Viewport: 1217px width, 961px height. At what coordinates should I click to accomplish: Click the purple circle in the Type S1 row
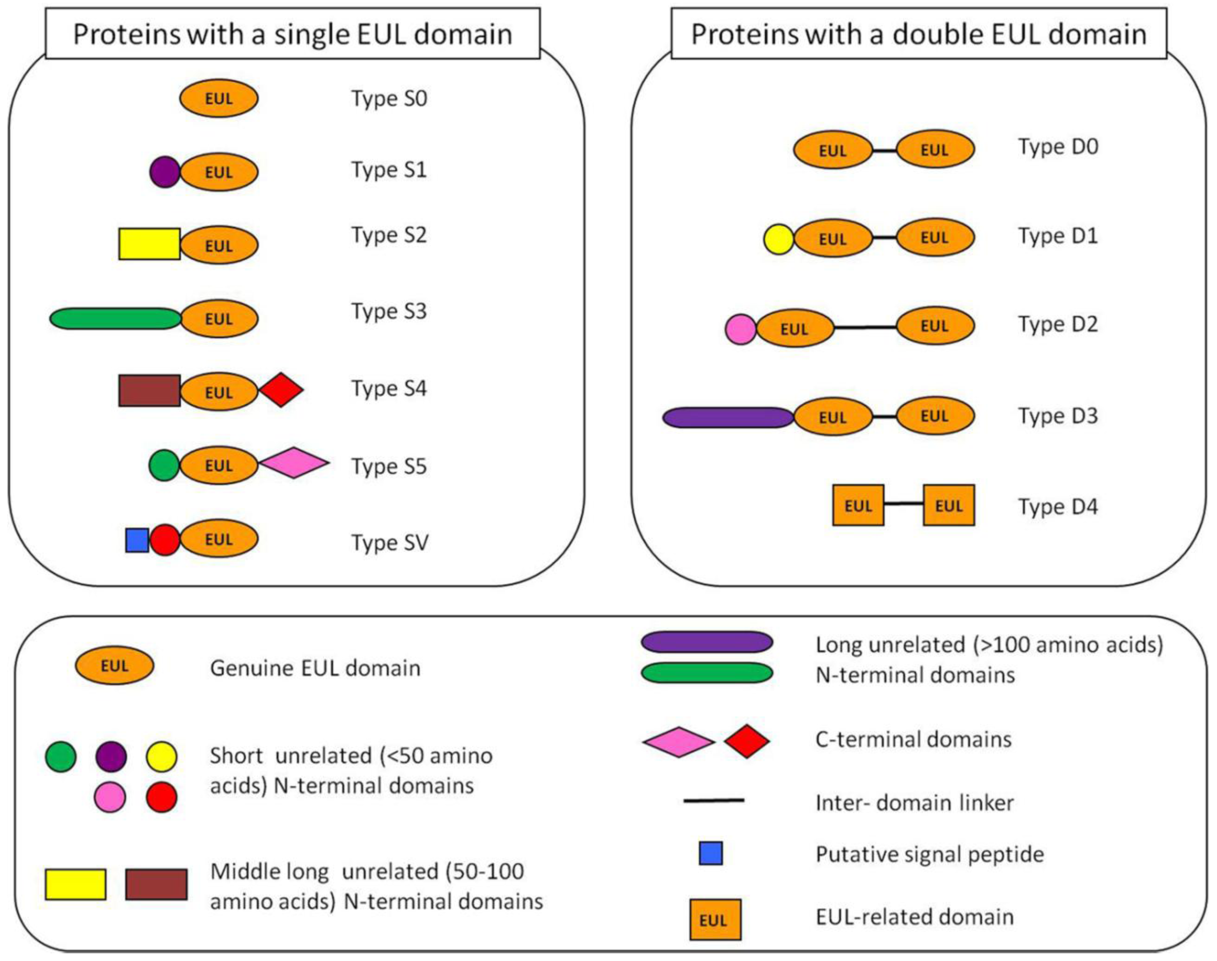pyautogui.click(x=164, y=172)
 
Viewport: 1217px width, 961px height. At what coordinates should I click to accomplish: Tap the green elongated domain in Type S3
pyautogui.click(x=115, y=318)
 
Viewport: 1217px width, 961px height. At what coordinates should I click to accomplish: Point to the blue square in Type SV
pyautogui.click(x=137, y=540)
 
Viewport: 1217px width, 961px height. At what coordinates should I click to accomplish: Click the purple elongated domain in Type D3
pyautogui.click(x=728, y=417)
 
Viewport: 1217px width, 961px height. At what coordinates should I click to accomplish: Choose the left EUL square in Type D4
pyautogui.click(x=858, y=505)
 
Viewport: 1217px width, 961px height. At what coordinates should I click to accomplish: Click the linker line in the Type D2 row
pyautogui.click(x=865, y=327)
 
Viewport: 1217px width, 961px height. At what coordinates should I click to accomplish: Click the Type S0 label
pyautogui.click(x=389, y=98)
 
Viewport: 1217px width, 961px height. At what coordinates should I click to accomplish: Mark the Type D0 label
pyautogui.click(x=1058, y=147)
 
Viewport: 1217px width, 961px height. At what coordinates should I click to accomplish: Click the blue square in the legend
pyautogui.click(x=710, y=853)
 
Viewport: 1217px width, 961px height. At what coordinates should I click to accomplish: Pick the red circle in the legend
pyautogui.click(x=161, y=797)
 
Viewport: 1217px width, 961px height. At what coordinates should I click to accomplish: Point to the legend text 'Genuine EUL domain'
pyautogui.click(x=315, y=668)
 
